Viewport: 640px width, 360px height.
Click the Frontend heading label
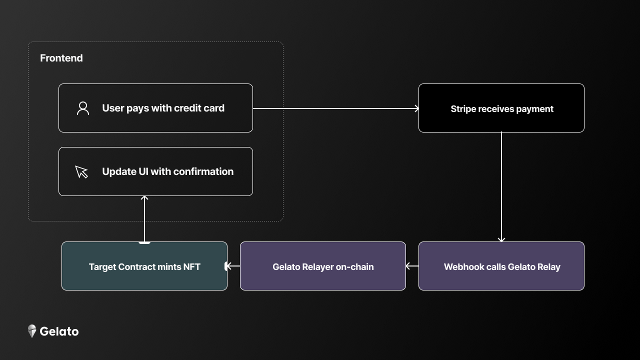click(61, 58)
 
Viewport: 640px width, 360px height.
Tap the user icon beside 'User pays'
click(83, 108)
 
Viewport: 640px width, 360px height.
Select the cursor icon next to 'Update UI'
click(81, 171)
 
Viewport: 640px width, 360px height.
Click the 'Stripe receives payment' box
click(501, 108)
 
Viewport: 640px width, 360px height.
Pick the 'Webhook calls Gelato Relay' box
click(501, 266)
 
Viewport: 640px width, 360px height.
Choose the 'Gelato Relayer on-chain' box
click(323, 266)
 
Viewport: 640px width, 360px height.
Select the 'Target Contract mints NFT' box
click(144, 266)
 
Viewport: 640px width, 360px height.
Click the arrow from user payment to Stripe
click(335, 108)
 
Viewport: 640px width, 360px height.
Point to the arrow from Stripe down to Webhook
click(501, 187)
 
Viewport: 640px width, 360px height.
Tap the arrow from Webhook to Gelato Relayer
click(412, 266)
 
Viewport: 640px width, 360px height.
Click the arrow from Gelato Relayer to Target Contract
click(233, 266)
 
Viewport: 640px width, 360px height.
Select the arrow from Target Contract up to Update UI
click(144, 219)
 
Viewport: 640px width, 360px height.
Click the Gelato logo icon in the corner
click(32, 331)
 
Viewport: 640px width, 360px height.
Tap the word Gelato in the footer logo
click(59, 331)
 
